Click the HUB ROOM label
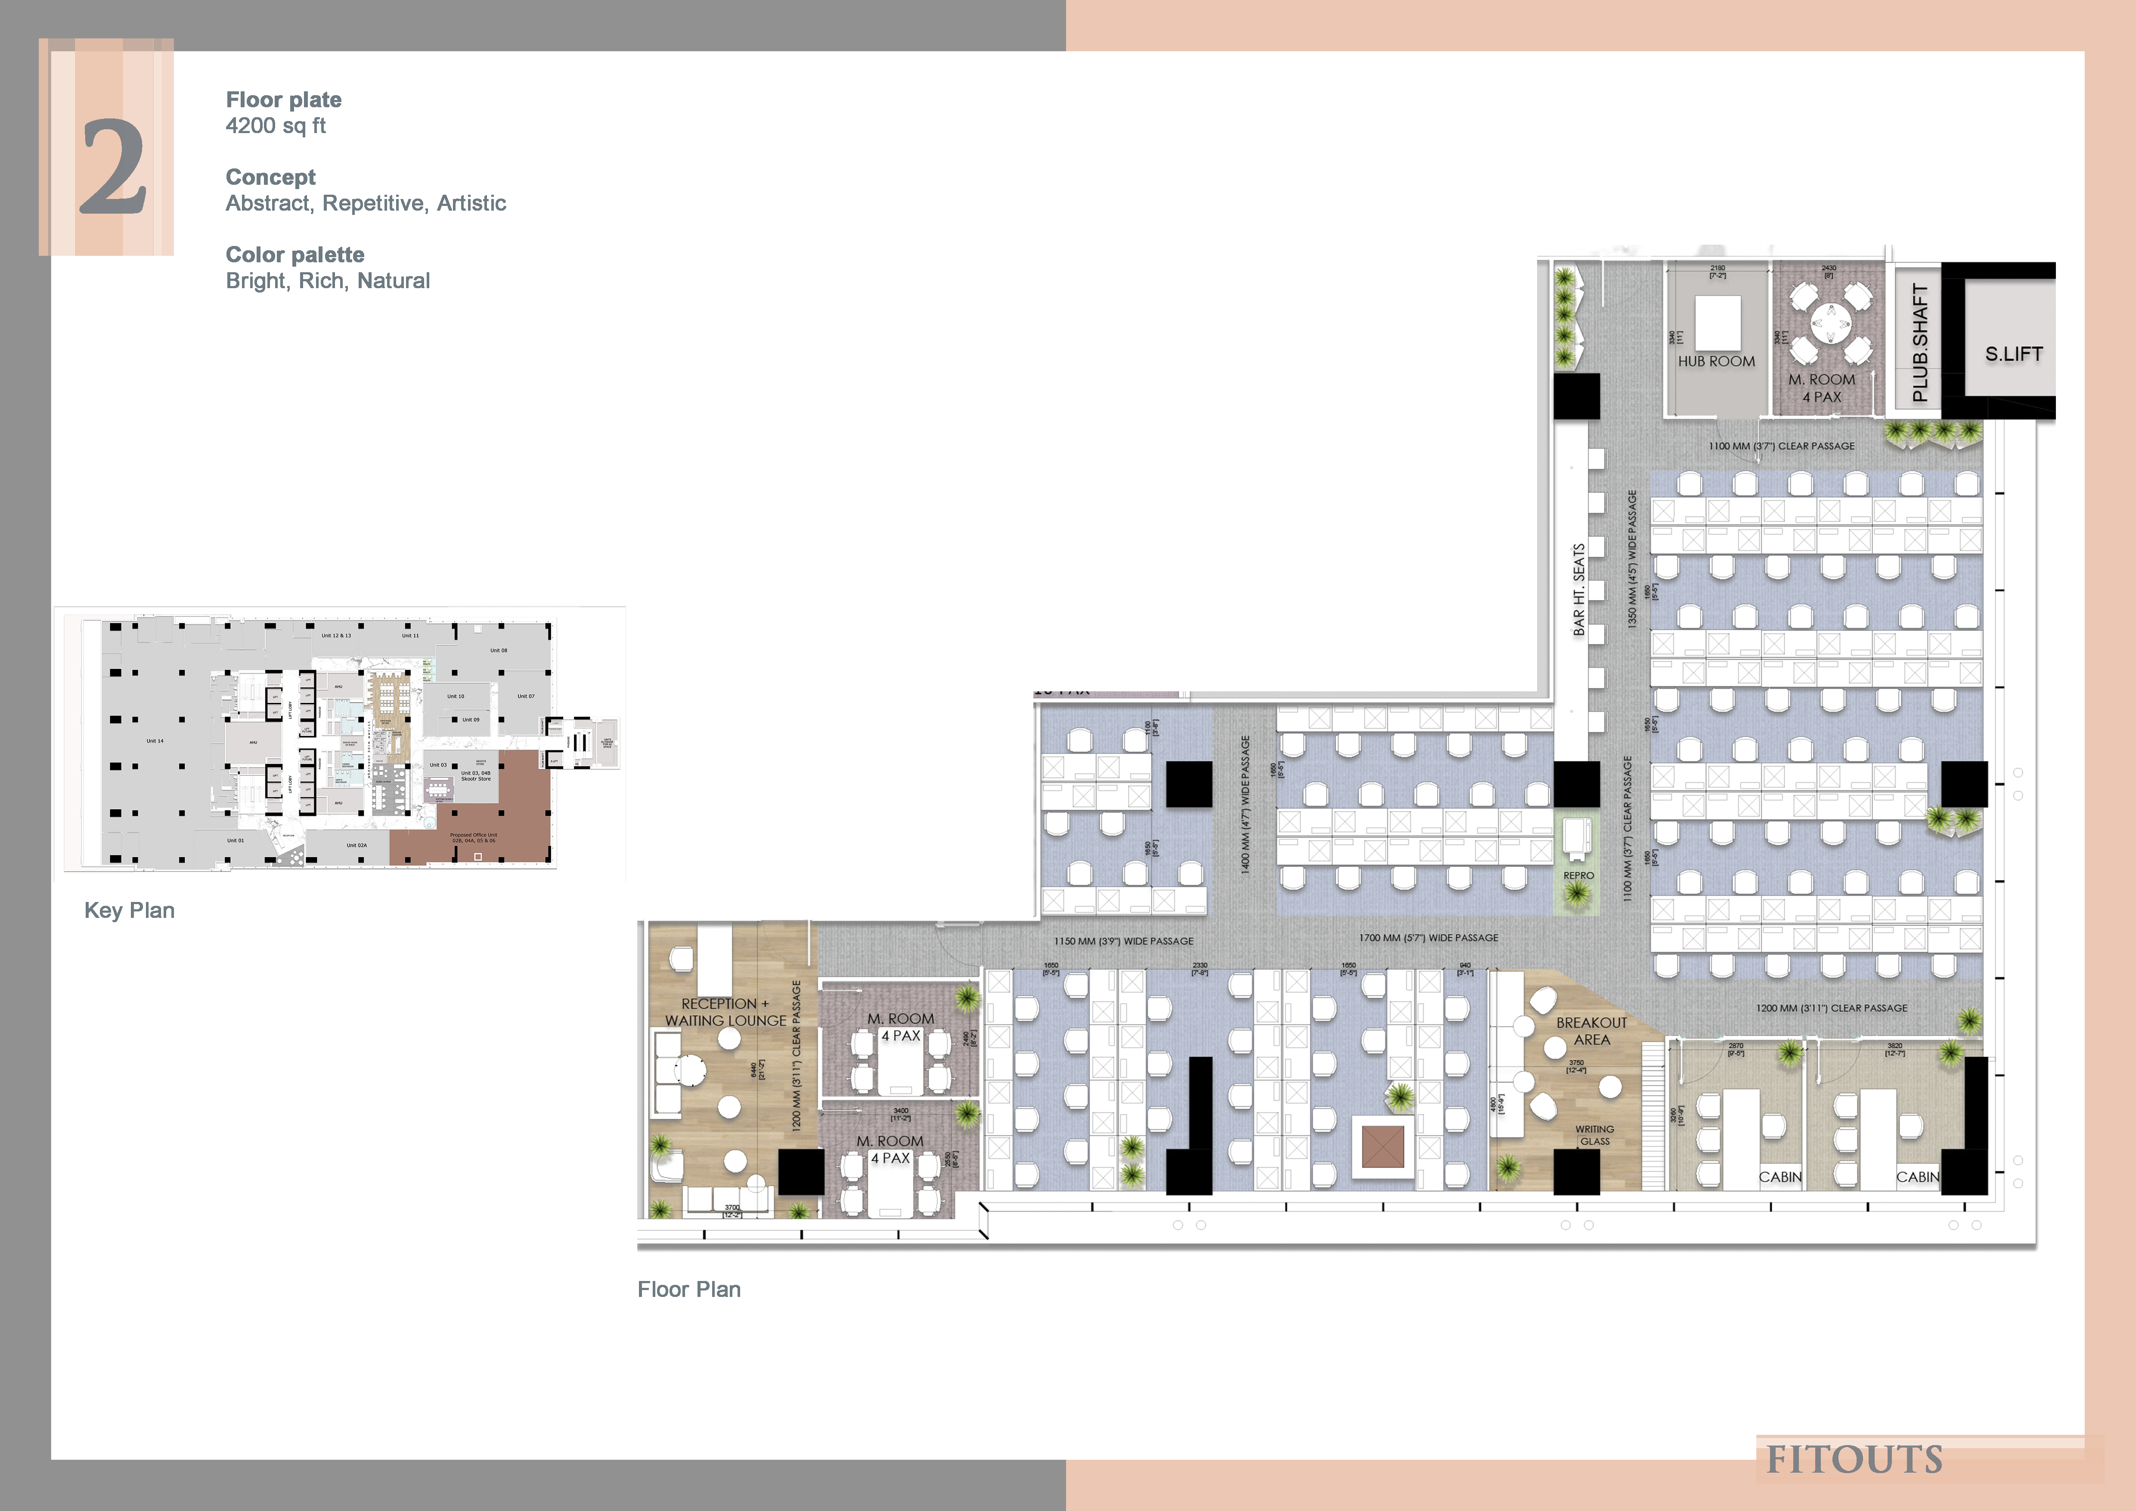click(x=1717, y=361)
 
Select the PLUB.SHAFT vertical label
click(x=1919, y=342)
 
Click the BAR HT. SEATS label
click(x=1579, y=590)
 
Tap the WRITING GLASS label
click(x=1594, y=1135)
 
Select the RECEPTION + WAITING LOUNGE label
click(x=725, y=1012)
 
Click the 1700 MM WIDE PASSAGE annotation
click(x=1428, y=938)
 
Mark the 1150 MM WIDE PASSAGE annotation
click(x=1123, y=941)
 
